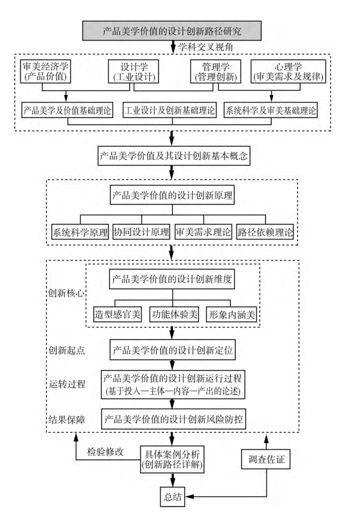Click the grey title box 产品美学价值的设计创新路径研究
(172, 30)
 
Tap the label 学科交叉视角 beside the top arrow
(206, 47)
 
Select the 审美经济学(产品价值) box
(46, 71)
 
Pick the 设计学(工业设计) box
(134, 71)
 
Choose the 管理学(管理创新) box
(216, 71)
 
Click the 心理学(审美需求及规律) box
(288, 71)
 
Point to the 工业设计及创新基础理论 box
(170, 110)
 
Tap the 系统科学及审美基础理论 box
(270, 110)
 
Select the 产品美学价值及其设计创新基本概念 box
(173, 155)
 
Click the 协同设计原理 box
(142, 232)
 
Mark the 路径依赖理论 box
(265, 232)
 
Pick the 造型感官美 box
(118, 315)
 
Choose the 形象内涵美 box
(232, 315)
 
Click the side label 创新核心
(66, 293)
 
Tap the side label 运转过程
(67, 384)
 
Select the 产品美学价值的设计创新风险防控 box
(173, 419)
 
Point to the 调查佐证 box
(266, 459)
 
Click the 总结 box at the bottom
(173, 497)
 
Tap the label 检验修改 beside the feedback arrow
(105, 451)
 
